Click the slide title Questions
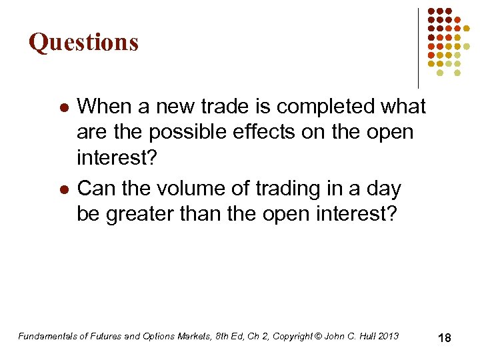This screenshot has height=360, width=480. (84, 42)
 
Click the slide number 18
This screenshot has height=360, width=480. (444, 338)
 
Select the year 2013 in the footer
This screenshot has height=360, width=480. (388, 336)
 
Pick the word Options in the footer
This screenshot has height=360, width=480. (163, 336)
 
